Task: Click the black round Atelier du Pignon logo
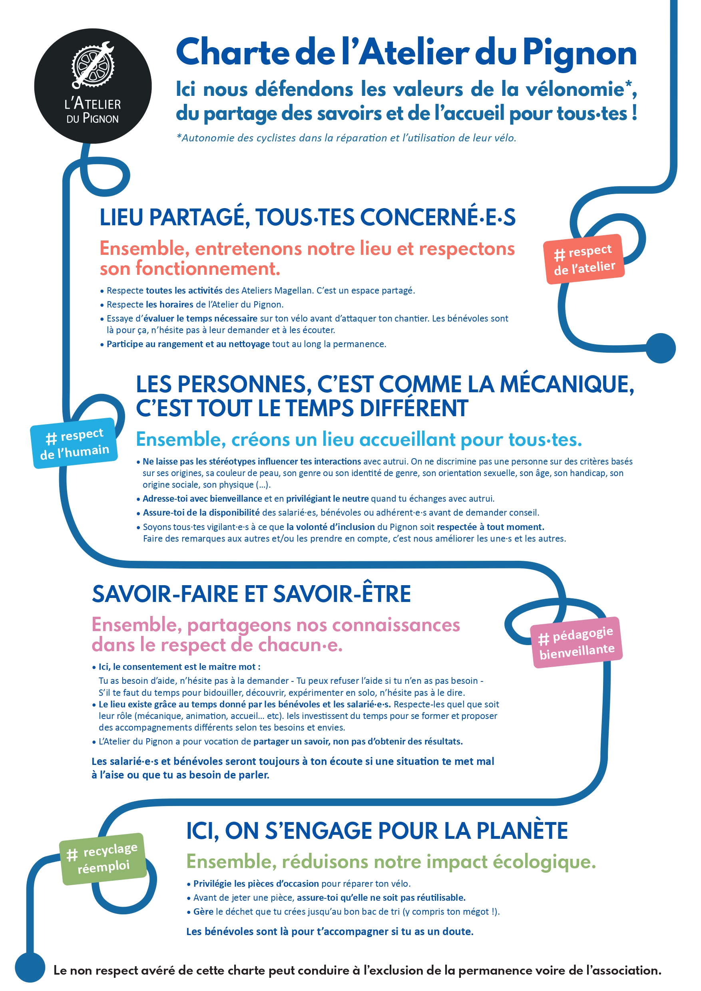[x=93, y=86]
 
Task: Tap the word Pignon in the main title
[x=580, y=53]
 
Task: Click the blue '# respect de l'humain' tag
[x=74, y=443]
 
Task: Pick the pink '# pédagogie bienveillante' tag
[x=577, y=642]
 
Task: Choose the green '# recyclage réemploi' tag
[x=103, y=858]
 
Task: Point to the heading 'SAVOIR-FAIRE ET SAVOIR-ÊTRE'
[x=251, y=594]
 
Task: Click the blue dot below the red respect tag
[x=660, y=348]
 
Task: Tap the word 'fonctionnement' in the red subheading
[x=207, y=268]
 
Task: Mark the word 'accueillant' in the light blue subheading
[x=407, y=440]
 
